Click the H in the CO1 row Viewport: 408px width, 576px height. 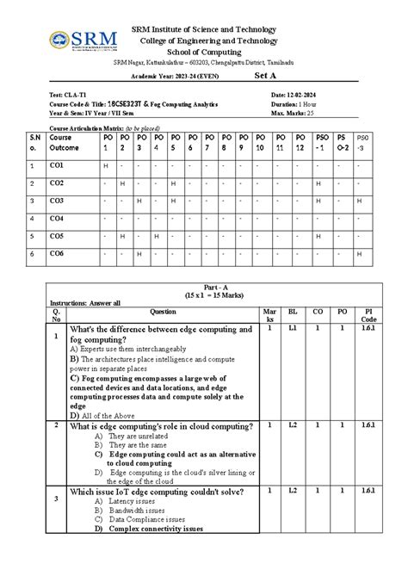point(105,165)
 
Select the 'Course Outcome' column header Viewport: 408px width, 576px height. point(63,143)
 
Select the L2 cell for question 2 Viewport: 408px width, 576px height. point(293,424)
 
